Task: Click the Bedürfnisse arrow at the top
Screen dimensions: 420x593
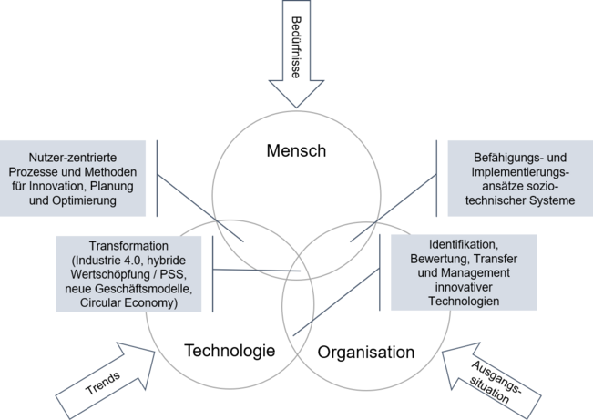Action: point(296,55)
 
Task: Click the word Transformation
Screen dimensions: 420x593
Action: point(128,246)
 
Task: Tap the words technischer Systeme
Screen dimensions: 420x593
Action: point(517,201)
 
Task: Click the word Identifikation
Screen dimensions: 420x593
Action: point(463,246)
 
